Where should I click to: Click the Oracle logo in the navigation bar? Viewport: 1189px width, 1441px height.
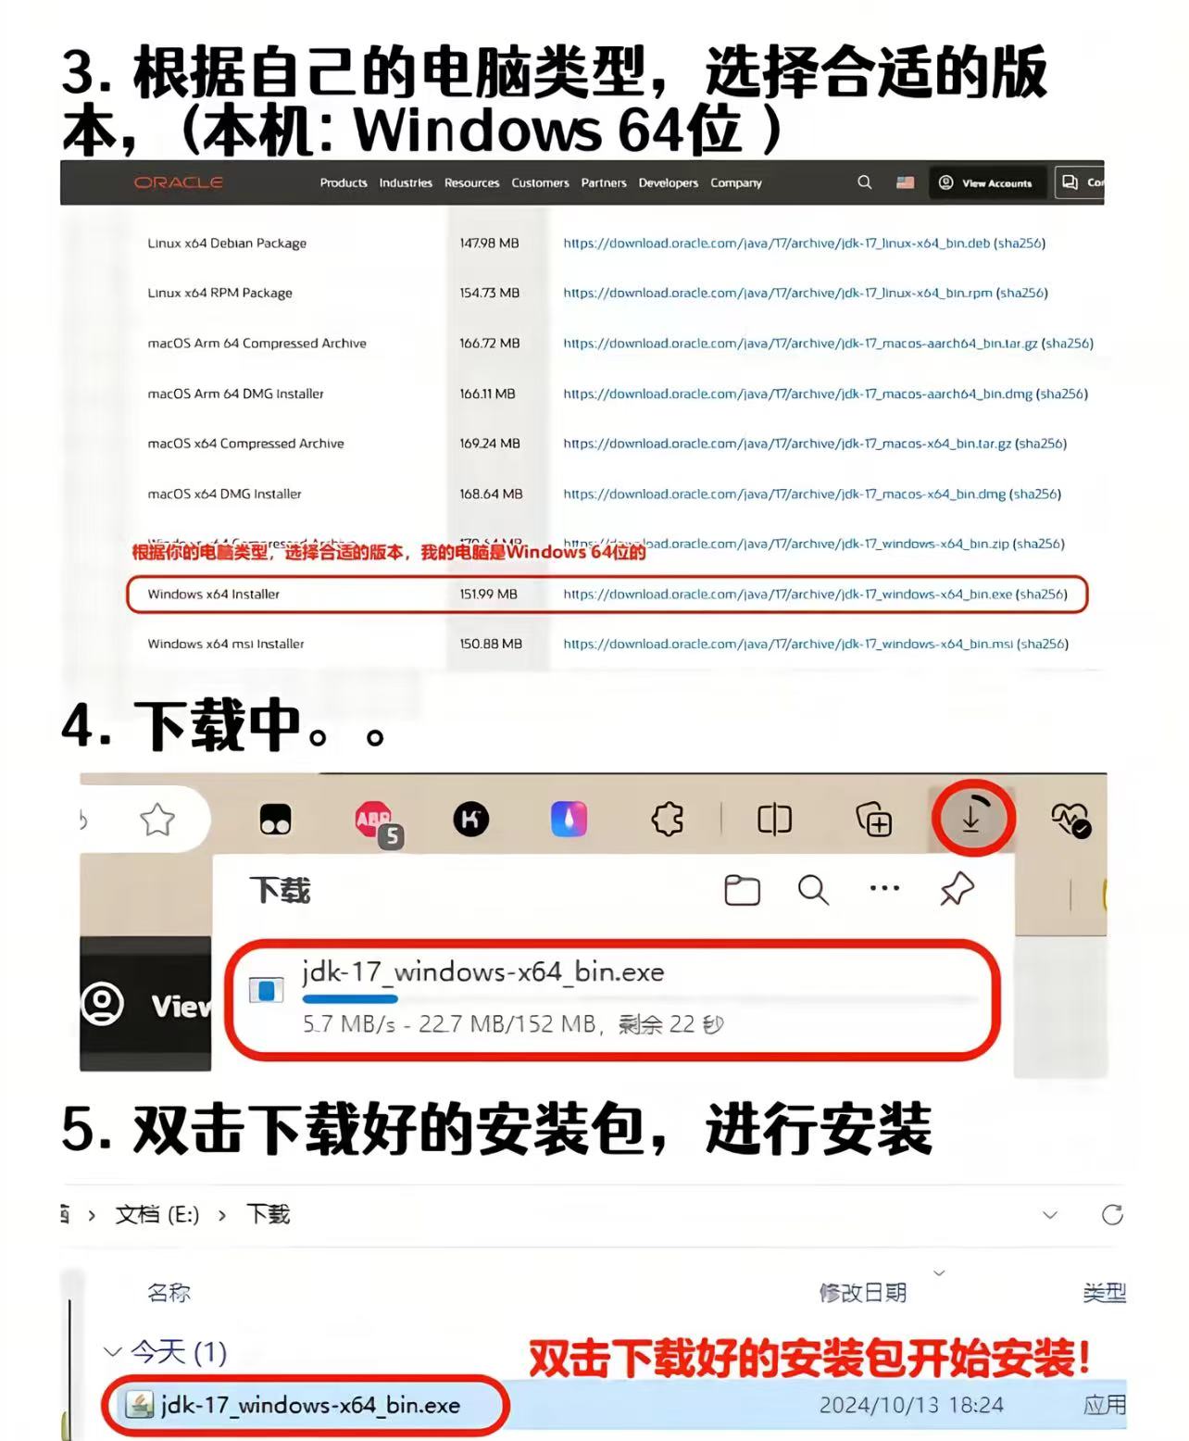179,182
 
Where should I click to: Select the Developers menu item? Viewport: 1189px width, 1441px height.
668,183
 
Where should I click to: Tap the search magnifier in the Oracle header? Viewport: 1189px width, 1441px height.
864,182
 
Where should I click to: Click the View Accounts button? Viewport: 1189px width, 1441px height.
986,183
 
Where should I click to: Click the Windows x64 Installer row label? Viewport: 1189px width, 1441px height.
213,595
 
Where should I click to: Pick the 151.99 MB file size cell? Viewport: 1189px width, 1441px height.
488,595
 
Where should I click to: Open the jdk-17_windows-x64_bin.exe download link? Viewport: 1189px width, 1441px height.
787,595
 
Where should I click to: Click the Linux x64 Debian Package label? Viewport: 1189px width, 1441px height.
227,244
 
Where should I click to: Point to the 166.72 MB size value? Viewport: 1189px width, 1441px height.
489,344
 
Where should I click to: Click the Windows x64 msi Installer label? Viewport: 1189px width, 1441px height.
226,645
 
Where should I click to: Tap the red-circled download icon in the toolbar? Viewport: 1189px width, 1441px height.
971,819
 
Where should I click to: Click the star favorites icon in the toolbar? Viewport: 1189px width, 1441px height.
157,820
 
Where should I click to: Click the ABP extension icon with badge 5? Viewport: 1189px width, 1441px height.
374,820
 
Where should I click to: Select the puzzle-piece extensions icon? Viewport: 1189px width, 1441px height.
668,820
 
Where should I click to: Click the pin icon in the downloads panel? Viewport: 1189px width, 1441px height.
957,889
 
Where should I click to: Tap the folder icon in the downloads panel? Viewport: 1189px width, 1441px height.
742,890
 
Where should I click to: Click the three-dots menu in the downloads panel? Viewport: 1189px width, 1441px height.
884,888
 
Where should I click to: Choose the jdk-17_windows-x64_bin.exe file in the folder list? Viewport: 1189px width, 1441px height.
310,1405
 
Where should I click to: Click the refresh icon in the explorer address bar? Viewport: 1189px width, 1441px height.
1112,1215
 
